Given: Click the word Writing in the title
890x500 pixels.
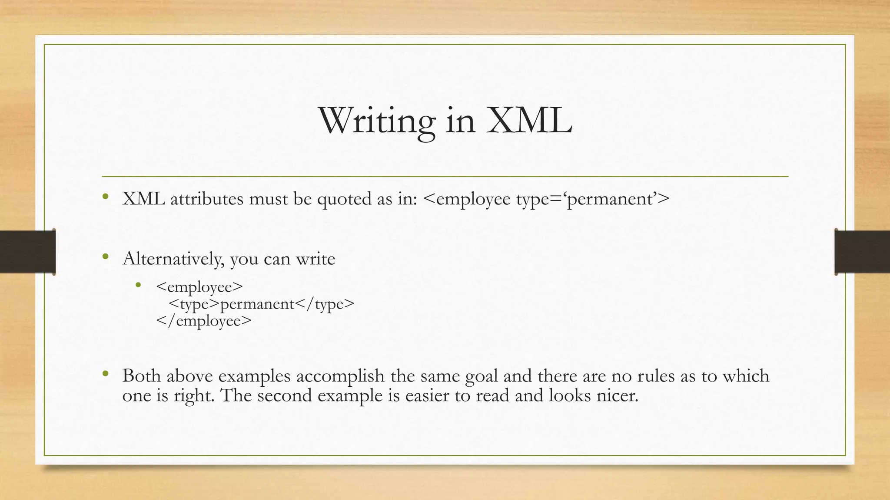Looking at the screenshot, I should pos(376,121).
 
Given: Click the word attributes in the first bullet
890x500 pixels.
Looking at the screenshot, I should pos(206,199).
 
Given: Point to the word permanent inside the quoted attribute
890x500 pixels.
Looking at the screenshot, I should pos(610,199).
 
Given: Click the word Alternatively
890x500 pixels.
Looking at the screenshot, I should pos(173,259).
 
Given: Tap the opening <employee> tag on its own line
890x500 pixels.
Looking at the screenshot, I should pos(199,287).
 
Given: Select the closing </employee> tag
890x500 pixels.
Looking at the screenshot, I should pos(204,321).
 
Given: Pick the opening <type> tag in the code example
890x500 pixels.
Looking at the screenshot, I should pos(194,304).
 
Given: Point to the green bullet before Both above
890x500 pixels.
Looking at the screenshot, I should pos(105,374).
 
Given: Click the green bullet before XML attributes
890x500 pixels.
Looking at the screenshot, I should pos(105,197).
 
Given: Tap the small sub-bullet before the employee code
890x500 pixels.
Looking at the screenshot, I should pos(138,285).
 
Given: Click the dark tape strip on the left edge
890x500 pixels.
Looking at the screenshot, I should pos(27,252).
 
